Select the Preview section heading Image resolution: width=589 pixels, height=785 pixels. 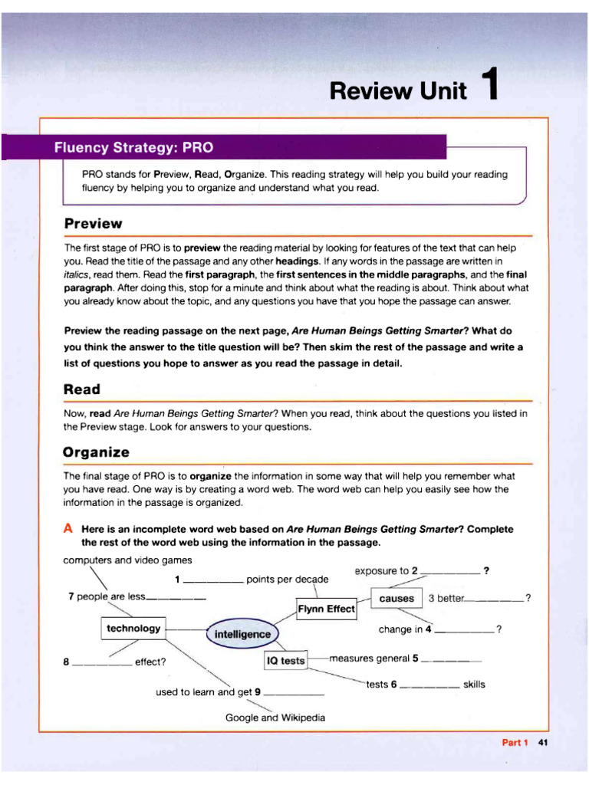click(93, 224)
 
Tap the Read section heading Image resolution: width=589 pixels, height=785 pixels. click(82, 389)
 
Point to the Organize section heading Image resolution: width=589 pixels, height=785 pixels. click(97, 452)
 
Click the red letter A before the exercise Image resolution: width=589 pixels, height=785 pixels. click(69, 529)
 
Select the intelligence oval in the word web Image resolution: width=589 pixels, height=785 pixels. click(242, 634)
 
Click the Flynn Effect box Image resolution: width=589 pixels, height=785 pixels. click(326, 609)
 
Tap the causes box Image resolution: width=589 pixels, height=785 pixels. click(396, 598)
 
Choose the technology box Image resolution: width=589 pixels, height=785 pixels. click(133, 629)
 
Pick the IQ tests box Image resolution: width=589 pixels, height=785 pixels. click(285, 660)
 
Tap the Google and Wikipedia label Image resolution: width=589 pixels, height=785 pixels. click(275, 718)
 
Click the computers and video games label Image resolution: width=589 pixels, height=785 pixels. click(127, 560)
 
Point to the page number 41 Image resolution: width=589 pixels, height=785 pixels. click(543, 742)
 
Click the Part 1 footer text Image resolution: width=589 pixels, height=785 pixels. click(515, 742)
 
